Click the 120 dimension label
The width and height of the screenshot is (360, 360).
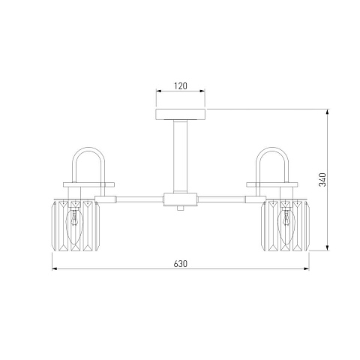tap(181, 86)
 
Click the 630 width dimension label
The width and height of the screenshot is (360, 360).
tap(181, 264)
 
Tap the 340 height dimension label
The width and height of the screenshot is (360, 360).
tap(322, 180)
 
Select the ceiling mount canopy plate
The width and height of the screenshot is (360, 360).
tap(181, 114)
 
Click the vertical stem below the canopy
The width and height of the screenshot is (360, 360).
tap(181, 156)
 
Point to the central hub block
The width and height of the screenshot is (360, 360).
tap(181, 199)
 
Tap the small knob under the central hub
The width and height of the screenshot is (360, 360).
tap(181, 208)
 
